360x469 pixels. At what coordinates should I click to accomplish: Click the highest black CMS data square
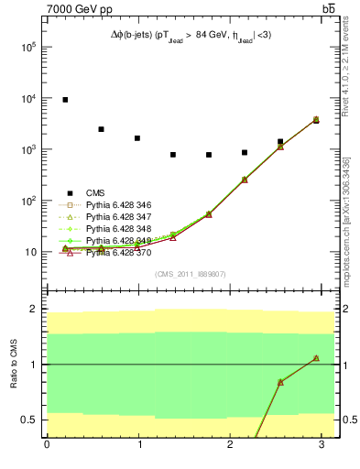click(65, 100)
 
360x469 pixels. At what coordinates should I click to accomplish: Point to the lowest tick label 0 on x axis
click(47, 445)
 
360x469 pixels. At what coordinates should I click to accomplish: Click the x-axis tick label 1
click(138, 445)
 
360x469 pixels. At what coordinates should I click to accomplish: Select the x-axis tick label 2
click(230, 445)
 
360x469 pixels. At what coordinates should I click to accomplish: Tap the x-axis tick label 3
click(322, 445)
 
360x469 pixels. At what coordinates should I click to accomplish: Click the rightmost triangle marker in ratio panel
click(316, 358)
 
